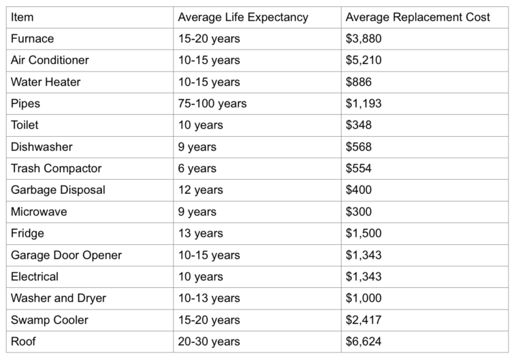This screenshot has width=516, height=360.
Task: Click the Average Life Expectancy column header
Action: (242, 17)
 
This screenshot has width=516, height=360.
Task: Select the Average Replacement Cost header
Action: (417, 17)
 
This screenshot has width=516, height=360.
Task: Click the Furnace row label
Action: (33, 39)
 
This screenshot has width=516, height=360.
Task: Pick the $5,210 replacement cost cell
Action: (364, 60)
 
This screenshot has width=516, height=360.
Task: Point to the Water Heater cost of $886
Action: (359, 82)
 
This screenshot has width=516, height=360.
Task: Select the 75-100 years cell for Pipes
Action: (212, 103)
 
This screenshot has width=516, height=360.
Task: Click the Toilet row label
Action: (26, 125)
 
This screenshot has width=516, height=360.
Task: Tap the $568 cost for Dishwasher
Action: (359, 147)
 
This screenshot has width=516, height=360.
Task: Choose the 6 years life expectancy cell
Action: (197, 168)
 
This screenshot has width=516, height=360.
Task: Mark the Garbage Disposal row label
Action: (58, 190)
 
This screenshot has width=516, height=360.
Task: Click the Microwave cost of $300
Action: (359, 212)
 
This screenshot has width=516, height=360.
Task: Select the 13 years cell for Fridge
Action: (200, 233)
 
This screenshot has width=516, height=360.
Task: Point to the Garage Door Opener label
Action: (66, 255)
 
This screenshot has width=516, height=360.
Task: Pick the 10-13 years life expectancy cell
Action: (208, 298)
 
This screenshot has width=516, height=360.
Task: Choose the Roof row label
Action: (24, 342)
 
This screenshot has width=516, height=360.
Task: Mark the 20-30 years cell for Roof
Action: (208, 342)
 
